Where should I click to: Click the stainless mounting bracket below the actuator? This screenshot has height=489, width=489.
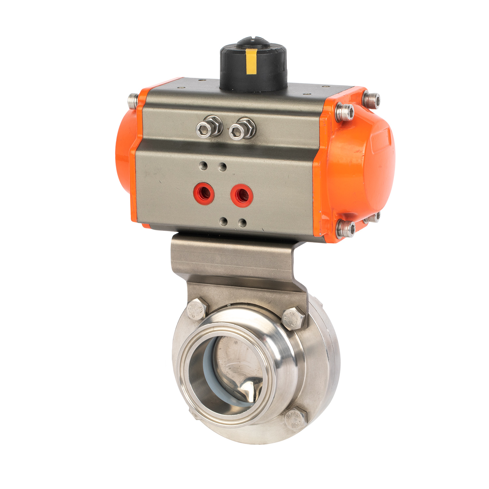pos(235,258)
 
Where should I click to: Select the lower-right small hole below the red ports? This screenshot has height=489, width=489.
pos(242,223)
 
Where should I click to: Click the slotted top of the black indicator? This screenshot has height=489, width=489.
pos(253,43)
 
